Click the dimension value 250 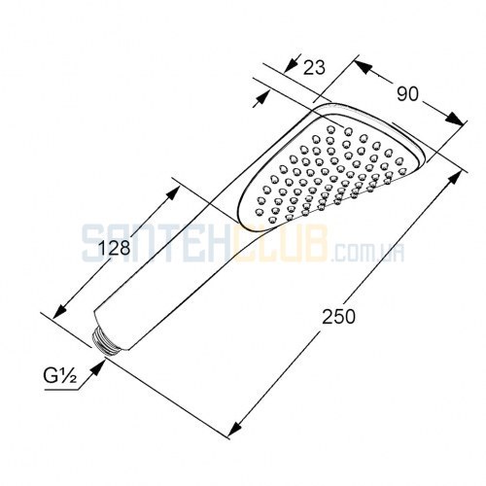[x=338, y=317]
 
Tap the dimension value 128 [x=114, y=249]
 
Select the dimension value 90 [x=407, y=94]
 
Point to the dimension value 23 [x=314, y=68]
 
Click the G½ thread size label [x=59, y=377]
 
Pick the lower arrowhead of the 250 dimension [x=236, y=427]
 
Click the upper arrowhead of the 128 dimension [x=171, y=193]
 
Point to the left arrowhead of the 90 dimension [x=363, y=67]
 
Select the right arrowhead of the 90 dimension [x=455, y=119]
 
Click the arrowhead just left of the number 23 [x=292, y=65]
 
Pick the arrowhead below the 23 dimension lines [x=262, y=98]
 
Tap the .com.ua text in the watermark [x=368, y=252]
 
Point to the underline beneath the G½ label [x=61, y=390]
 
